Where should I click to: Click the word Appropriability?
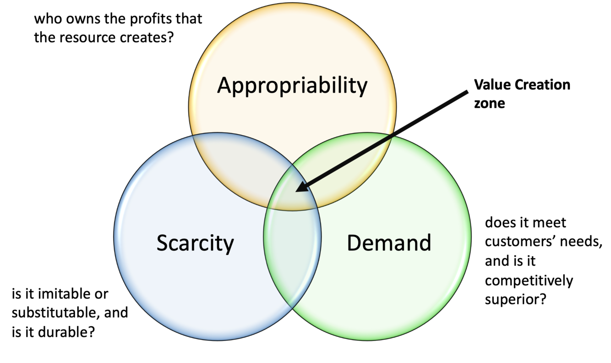(x=292, y=86)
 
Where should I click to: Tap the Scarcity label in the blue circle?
(x=195, y=243)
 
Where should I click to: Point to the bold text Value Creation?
(x=522, y=85)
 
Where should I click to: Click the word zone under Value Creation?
(x=489, y=104)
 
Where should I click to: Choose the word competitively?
(x=529, y=280)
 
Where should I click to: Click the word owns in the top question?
(x=82, y=20)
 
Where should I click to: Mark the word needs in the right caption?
(x=582, y=243)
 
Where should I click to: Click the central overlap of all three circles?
(x=293, y=192)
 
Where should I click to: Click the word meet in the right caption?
(x=550, y=223)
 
